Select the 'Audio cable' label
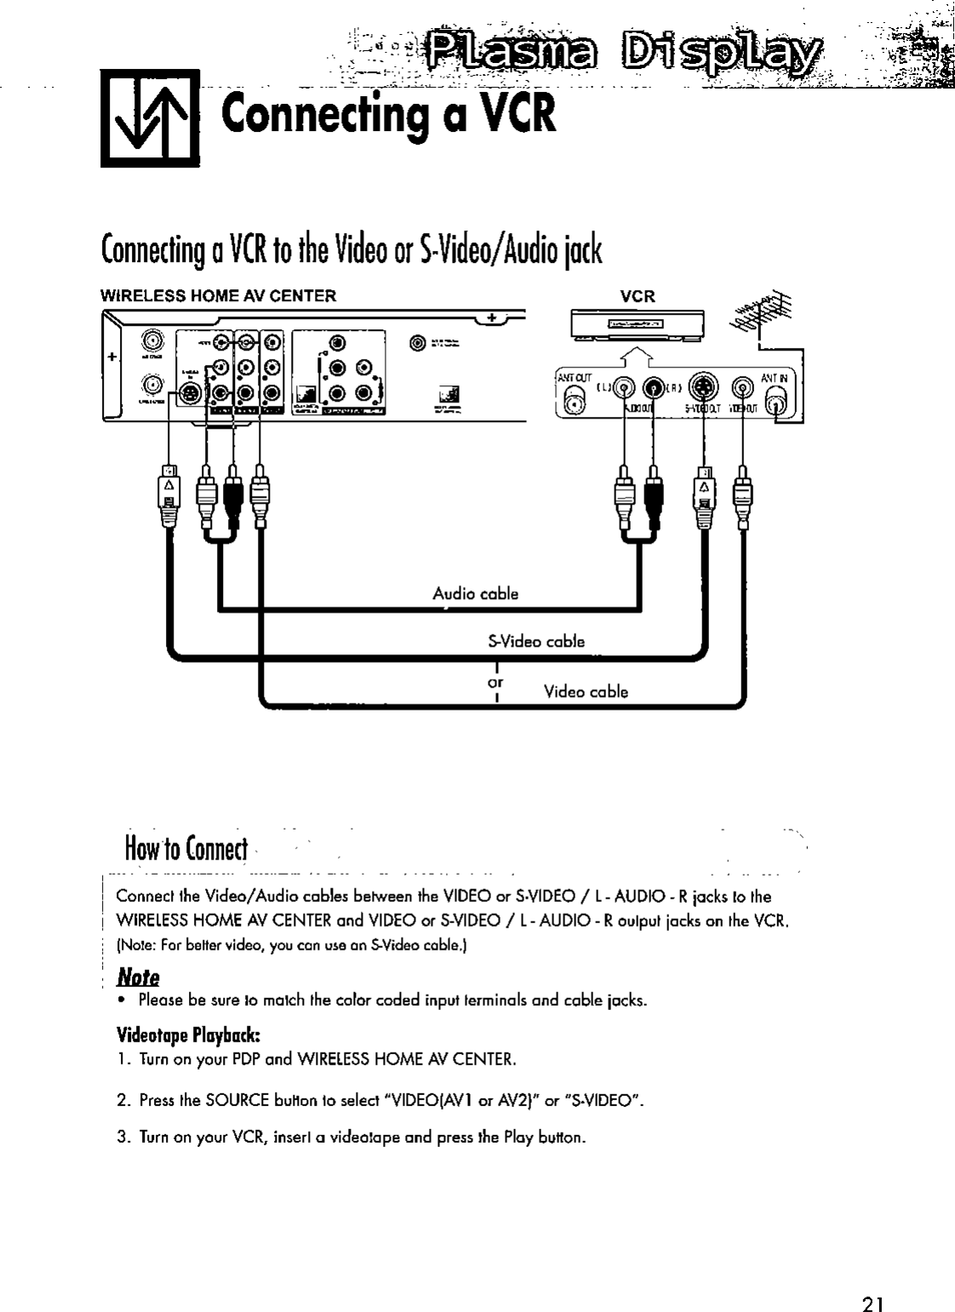pos(475,594)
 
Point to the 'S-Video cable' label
pos(535,642)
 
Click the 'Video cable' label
pos(586,692)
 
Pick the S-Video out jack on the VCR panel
pos(703,388)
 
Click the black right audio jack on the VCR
pos(654,389)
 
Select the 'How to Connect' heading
pos(185,848)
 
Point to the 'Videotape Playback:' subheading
pos(187,1036)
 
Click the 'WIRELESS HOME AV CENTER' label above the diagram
pos(219,296)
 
